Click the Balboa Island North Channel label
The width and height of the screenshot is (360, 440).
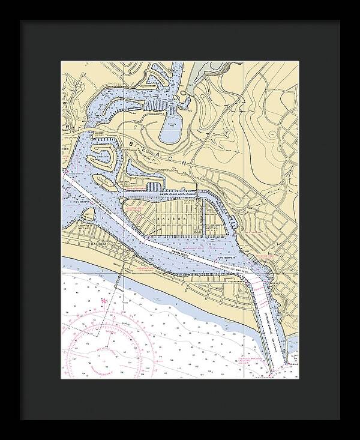[170, 193]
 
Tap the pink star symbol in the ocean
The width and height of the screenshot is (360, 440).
[106, 301]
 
